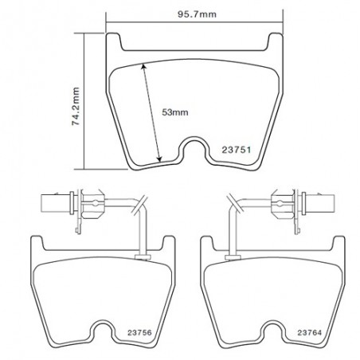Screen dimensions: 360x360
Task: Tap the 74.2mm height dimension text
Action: point(76,106)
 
